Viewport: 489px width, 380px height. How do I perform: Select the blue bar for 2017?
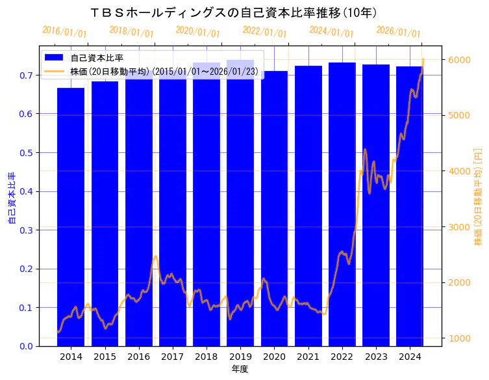[173, 215]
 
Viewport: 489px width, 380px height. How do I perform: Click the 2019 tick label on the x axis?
[240, 357]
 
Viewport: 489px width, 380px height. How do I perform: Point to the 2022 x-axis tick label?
[342, 357]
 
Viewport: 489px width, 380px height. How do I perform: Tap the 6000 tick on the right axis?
[459, 60]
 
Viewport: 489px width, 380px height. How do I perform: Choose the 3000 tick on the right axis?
[459, 227]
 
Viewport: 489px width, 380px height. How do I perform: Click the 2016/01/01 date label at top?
[64, 32]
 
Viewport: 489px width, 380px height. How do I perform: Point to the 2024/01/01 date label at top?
[331, 32]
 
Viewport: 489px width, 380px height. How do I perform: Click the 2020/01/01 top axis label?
[198, 32]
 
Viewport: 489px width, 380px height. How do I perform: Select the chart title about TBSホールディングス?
[234, 12]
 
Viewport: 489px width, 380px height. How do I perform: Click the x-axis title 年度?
[240, 369]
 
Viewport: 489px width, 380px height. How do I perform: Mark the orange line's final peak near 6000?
[423, 59]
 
